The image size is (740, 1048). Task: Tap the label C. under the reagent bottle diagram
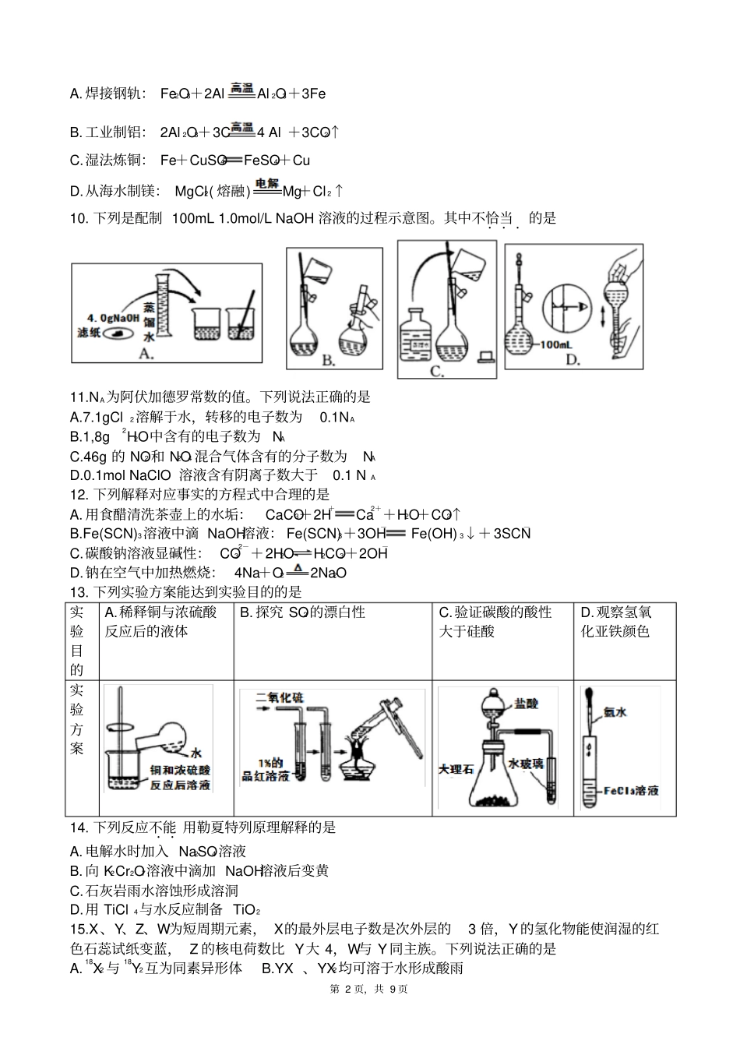click(x=437, y=372)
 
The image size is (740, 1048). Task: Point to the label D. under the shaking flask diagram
click(x=573, y=359)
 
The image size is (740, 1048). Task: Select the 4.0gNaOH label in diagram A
click(x=113, y=317)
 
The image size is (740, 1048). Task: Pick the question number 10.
click(x=79, y=219)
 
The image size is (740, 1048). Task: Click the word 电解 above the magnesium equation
click(x=267, y=183)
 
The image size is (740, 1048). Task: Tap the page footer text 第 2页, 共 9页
click(x=369, y=989)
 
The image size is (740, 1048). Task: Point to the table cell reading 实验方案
click(x=76, y=719)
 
